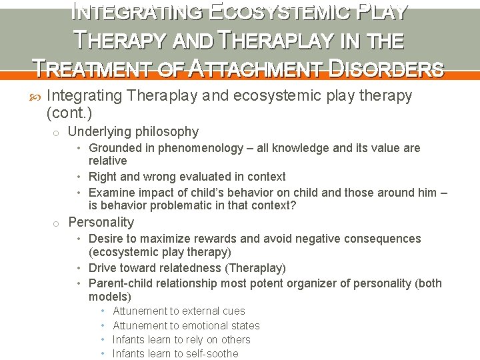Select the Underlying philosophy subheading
(x=133, y=132)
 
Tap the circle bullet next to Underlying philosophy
(x=57, y=133)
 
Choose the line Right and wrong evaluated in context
(x=187, y=177)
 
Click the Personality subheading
(x=101, y=223)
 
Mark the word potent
(x=259, y=283)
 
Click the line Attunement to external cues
(x=179, y=311)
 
